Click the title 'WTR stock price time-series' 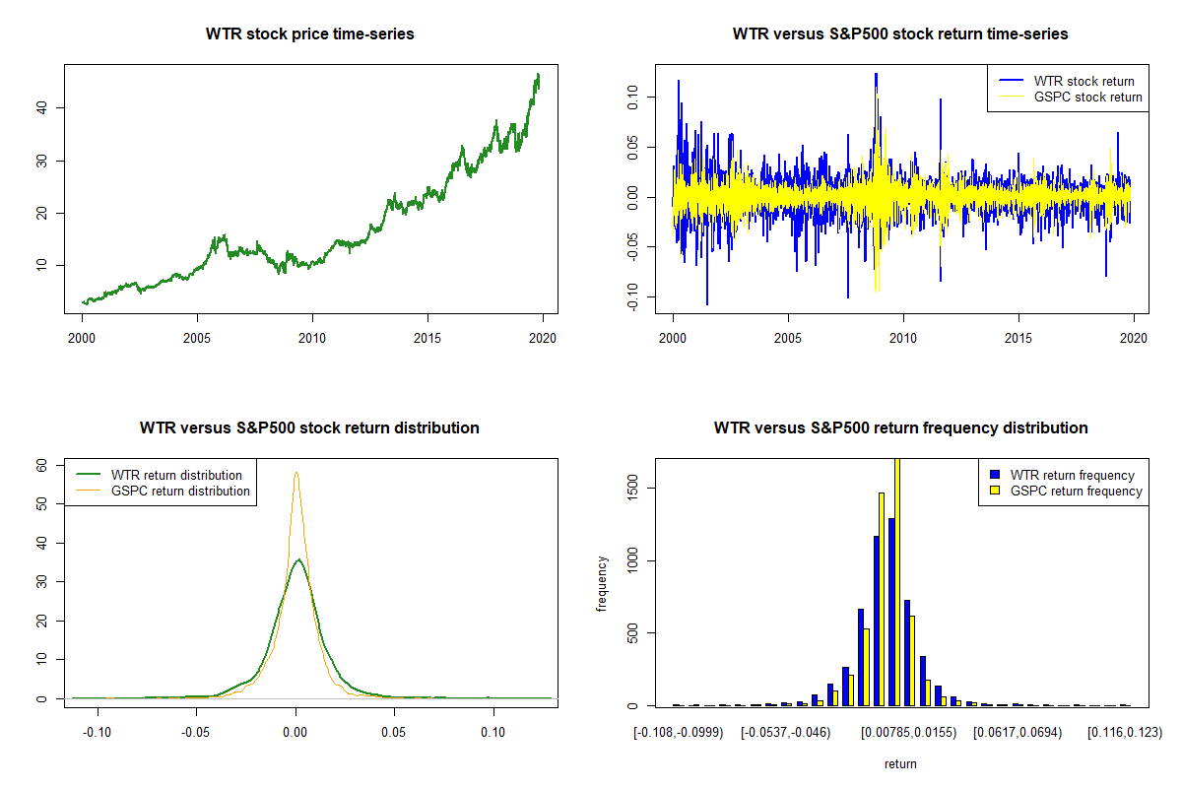coord(310,33)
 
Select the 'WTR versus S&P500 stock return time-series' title coord(900,33)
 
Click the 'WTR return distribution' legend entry coord(176,475)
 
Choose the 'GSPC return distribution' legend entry coord(180,491)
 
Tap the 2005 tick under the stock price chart coord(197,338)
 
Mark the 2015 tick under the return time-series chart coord(1018,338)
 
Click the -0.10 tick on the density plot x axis coord(97,733)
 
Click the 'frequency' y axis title coord(602,583)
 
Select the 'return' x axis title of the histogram coord(900,763)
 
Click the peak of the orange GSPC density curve coord(295,473)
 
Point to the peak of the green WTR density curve coord(298,559)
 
